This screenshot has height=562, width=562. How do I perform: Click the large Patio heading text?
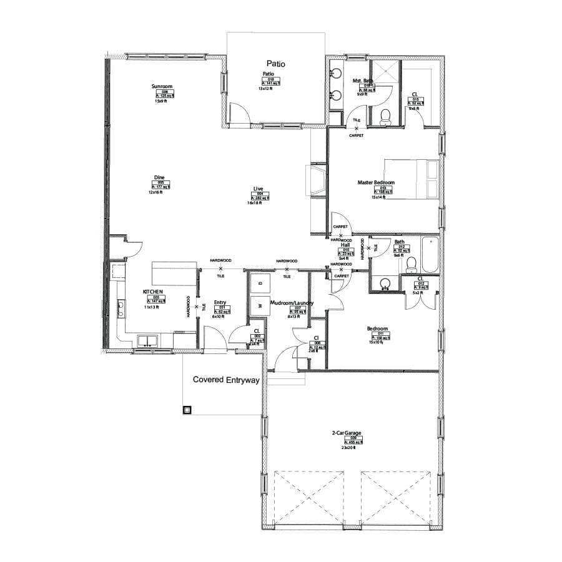275,63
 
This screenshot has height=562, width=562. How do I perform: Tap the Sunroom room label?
162,86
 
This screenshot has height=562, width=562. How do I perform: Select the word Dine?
159,177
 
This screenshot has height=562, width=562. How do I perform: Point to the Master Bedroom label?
376,183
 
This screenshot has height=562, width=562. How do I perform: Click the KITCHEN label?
153,292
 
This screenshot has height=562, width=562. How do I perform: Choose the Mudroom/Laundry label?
292,303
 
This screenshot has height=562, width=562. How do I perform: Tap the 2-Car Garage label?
348,432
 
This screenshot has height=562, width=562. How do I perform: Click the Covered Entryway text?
225,379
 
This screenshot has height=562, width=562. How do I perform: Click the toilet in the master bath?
385,115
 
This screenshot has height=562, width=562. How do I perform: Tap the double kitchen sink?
149,340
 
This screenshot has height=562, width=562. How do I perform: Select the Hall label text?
345,245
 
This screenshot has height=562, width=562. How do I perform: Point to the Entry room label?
220,303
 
